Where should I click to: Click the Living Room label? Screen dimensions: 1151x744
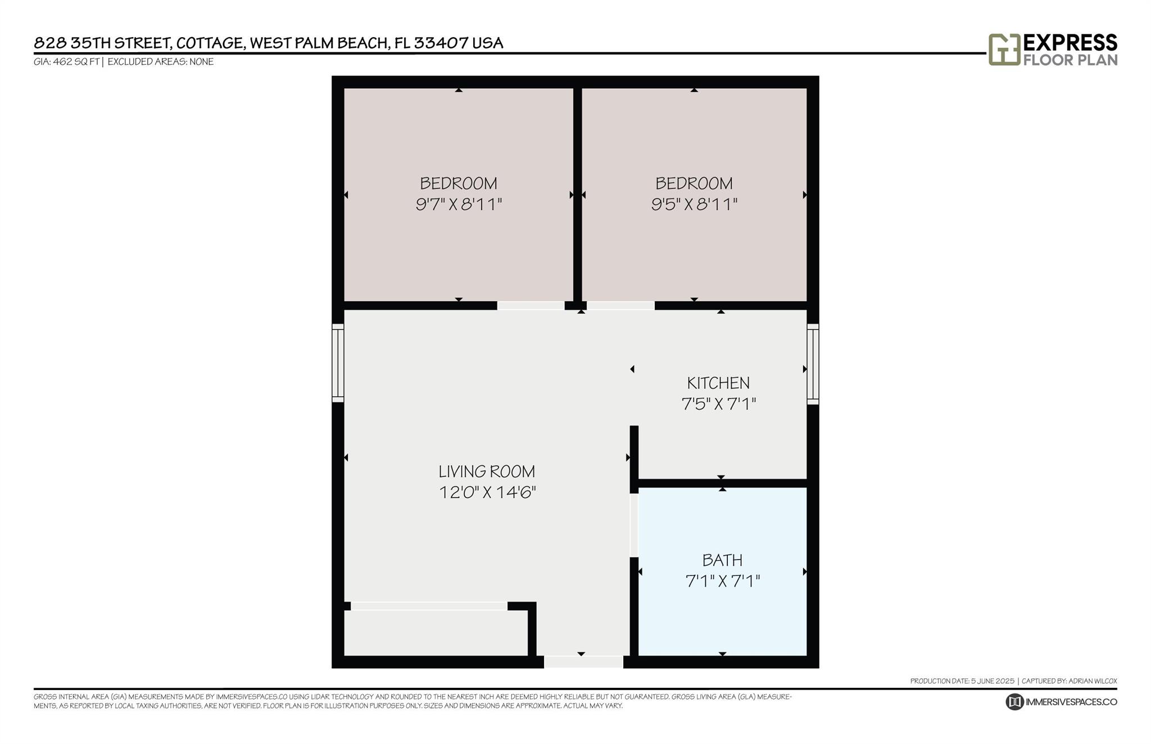[487, 471]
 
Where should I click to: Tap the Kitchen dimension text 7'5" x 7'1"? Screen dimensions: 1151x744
[719, 403]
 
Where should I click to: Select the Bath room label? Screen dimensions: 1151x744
[722, 560]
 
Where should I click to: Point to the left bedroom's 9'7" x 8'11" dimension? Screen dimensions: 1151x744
[459, 204]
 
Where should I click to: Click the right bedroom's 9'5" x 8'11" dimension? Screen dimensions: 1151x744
[694, 204]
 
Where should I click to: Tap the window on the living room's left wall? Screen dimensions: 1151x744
[338, 363]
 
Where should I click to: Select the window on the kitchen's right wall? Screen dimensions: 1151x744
[813, 364]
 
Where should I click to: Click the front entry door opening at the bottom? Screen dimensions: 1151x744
[583, 662]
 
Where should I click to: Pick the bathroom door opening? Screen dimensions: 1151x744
[634, 525]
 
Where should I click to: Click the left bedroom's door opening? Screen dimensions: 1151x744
[531, 306]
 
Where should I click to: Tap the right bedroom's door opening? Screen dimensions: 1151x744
[620, 306]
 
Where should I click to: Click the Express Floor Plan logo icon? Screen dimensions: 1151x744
[1004, 49]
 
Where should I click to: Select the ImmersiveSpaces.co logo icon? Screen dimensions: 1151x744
[1014, 702]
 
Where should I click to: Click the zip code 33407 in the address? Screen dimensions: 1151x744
[441, 43]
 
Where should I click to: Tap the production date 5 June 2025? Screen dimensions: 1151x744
[993, 681]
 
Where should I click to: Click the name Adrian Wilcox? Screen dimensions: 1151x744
[1093, 681]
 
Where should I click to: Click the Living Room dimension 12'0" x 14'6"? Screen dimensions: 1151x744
[487, 492]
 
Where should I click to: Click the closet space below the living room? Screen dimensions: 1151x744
[436, 633]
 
